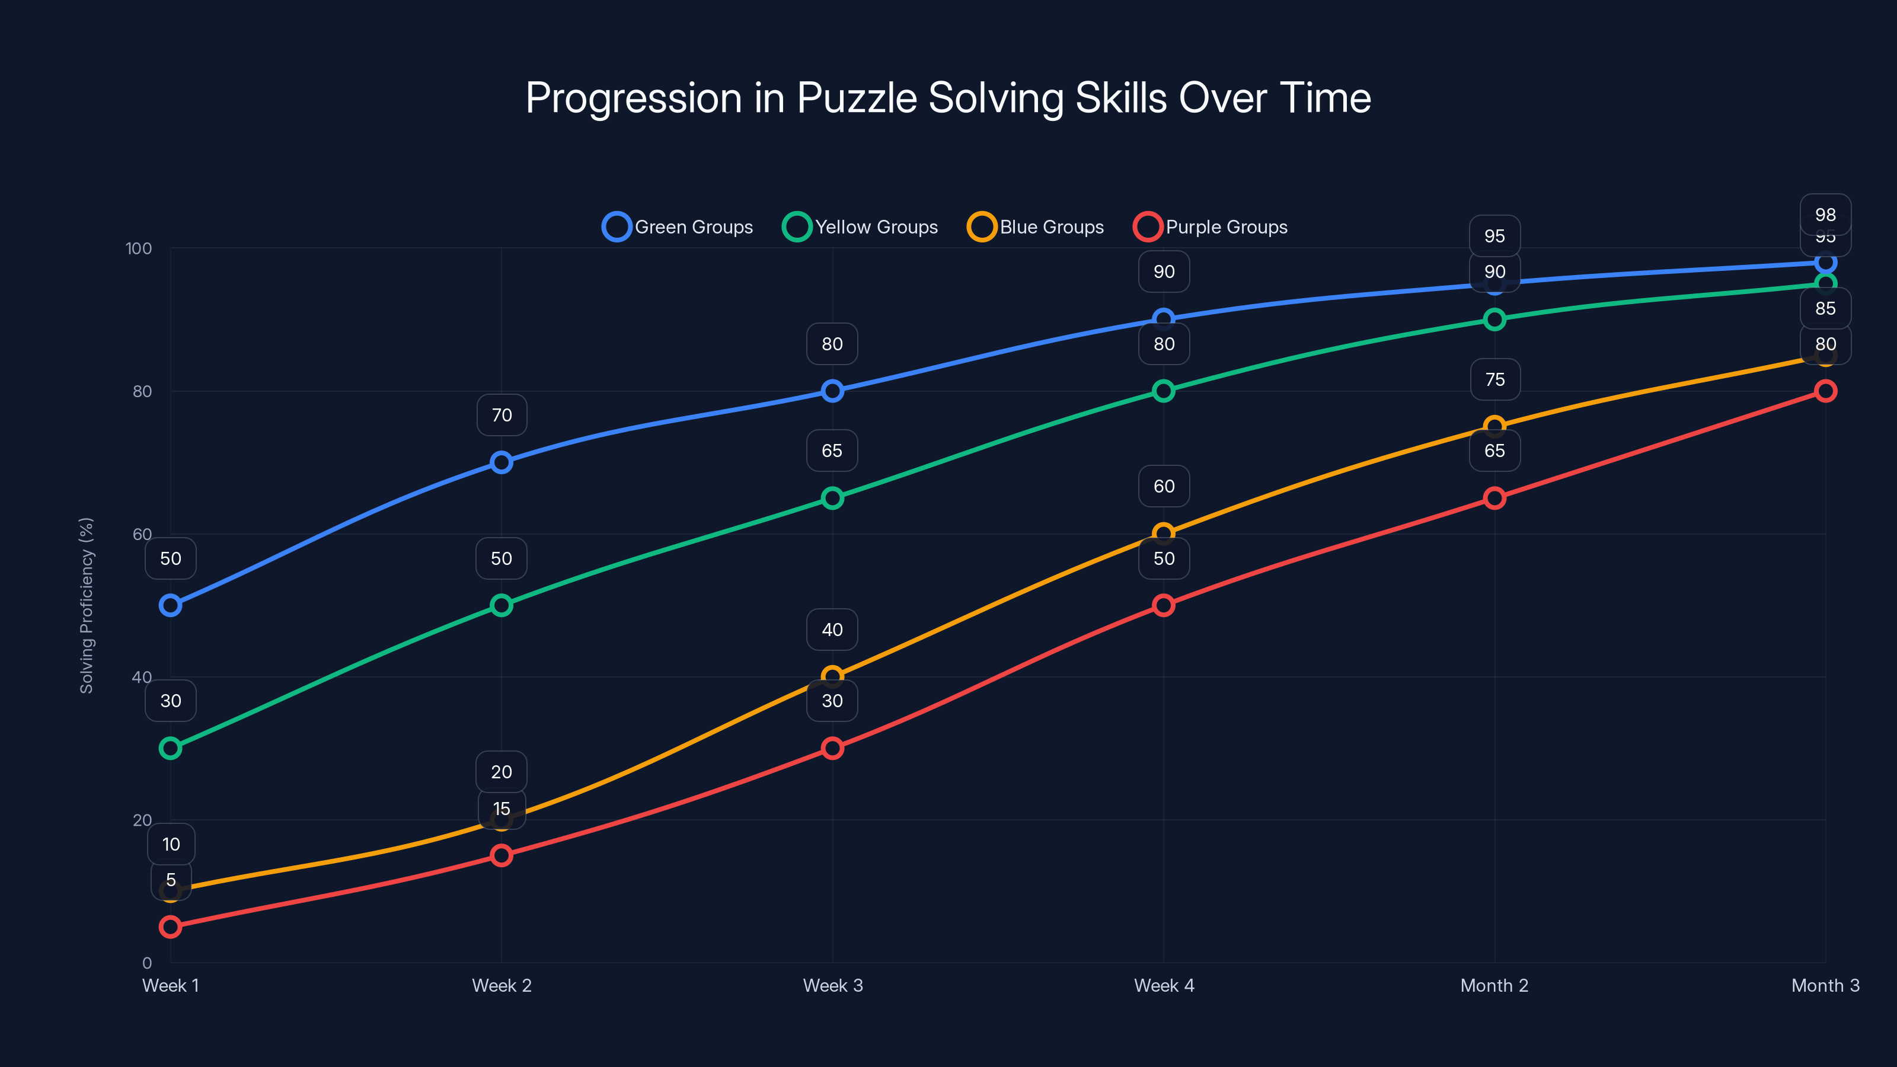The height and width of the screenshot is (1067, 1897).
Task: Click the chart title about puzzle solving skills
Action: (x=948, y=98)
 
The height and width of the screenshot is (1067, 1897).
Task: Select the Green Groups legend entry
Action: (x=678, y=227)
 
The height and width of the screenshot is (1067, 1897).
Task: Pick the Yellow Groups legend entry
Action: (x=860, y=227)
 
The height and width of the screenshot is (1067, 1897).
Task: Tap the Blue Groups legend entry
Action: (x=1036, y=227)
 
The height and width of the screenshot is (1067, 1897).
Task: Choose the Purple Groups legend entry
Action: (x=1211, y=227)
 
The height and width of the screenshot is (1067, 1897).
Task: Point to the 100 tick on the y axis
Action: (x=139, y=248)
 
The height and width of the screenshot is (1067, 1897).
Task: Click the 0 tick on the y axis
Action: (x=146, y=963)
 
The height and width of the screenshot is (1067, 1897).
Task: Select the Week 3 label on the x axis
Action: (x=832, y=986)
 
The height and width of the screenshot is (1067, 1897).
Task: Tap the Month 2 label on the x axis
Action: (x=1494, y=986)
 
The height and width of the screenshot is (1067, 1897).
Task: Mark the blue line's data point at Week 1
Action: (x=170, y=605)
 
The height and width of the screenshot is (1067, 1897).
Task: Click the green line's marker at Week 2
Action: (x=502, y=605)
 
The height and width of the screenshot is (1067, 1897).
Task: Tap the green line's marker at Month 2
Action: (x=1494, y=320)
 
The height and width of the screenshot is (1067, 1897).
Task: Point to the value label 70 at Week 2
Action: (x=502, y=416)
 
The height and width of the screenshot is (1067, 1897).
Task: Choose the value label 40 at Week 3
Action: (x=832, y=630)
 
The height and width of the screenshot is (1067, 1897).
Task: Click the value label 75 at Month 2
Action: (x=1494, y=380)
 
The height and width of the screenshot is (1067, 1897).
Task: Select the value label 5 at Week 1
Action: (x=170, y=880)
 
